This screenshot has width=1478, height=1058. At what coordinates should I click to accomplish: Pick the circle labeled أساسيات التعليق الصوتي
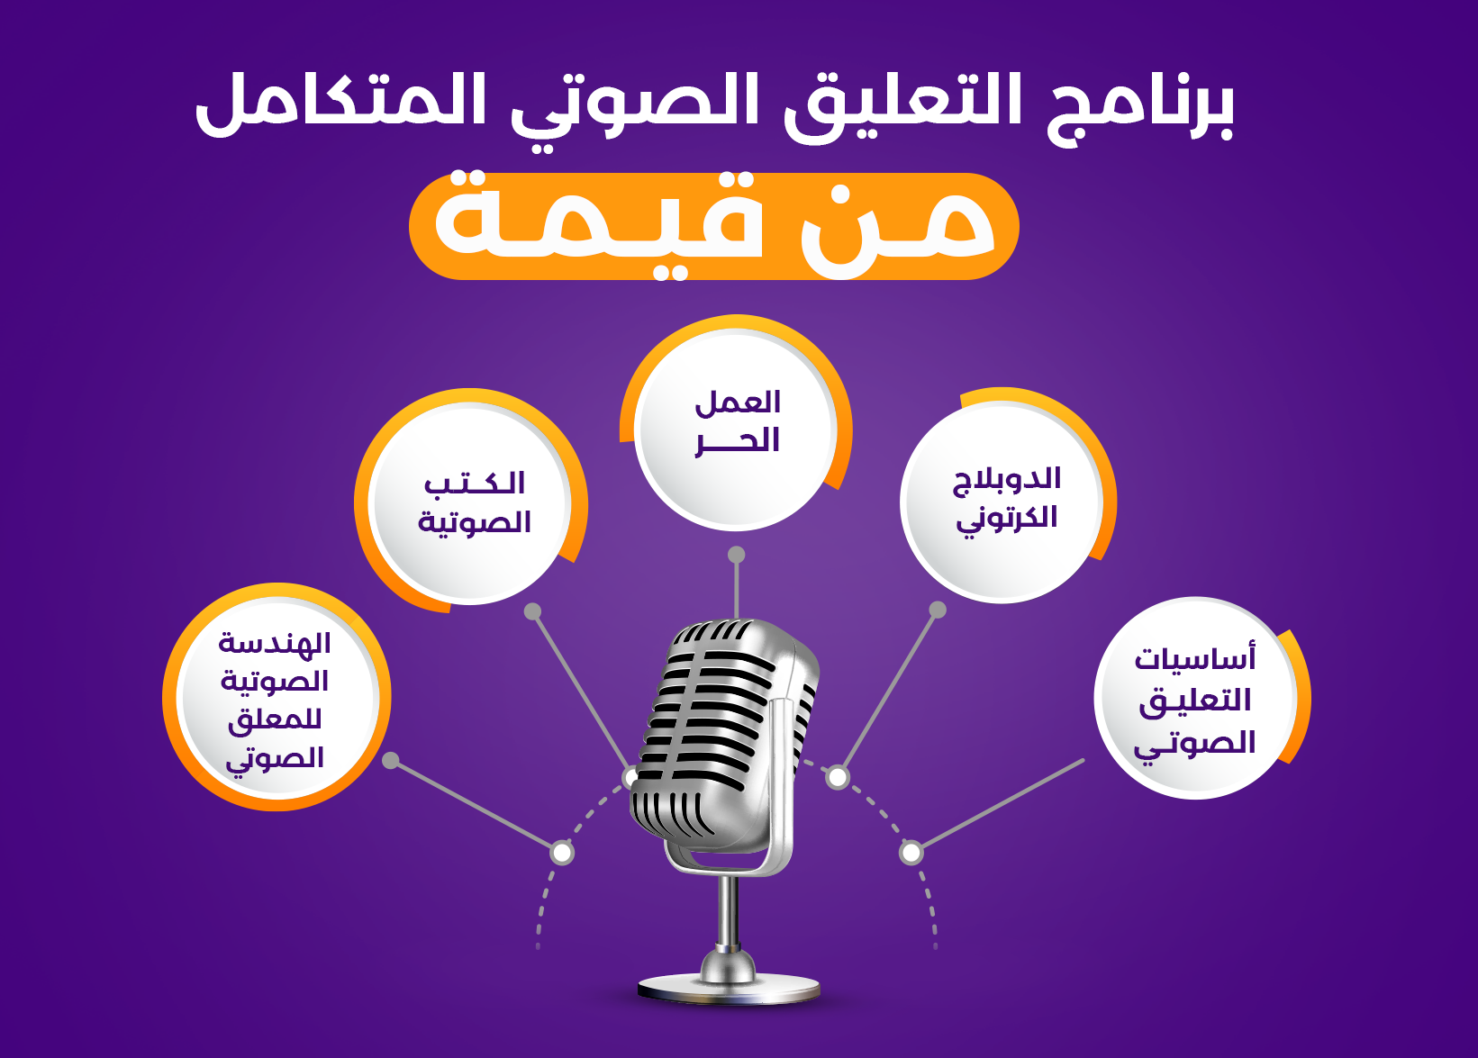click(1194, 698)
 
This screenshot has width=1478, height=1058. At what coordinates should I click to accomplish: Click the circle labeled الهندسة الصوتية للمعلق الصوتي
click(276, 698)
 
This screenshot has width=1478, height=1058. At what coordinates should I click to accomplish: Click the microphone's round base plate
click(729, 988)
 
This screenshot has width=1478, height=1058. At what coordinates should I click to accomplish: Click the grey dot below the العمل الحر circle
click(737, 555)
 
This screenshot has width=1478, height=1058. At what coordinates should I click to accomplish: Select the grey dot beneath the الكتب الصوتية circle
click(533, 611)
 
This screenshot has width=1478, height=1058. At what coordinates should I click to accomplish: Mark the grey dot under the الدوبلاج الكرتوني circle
click(938, 610)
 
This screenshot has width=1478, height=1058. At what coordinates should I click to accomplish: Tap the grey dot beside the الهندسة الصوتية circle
click(391, 760)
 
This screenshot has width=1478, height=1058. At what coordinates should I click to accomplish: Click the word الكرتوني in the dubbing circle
click(1006, 519)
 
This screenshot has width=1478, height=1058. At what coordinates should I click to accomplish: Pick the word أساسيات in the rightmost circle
click(1194, 658)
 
